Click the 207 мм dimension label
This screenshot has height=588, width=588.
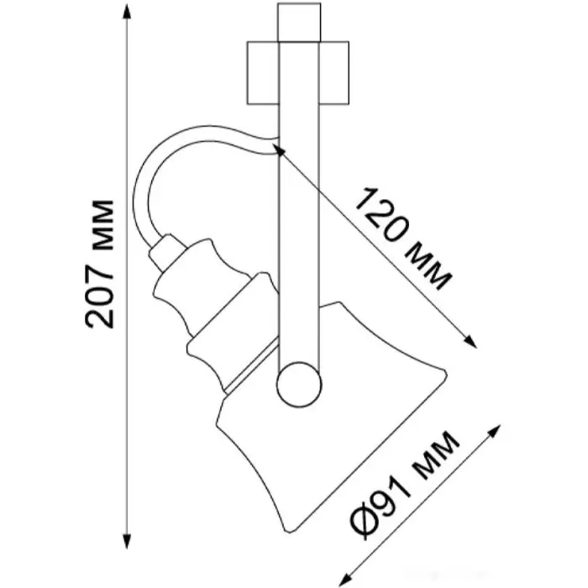(x=100, y=265)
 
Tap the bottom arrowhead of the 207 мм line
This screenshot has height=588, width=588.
(x=127, y=541)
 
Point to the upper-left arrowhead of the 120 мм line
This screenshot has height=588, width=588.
(x=279, y=150)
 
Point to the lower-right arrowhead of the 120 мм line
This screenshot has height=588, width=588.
(x=470, y=341)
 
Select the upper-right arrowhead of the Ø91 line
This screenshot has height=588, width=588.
(x=494, y=431)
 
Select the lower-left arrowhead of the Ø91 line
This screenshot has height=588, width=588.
(x=345, y=580)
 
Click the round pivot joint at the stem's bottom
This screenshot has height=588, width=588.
(x=299, y=385)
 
